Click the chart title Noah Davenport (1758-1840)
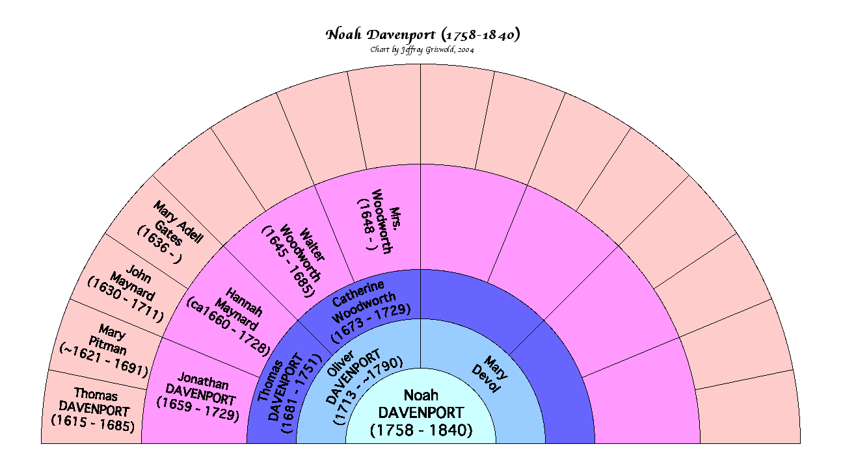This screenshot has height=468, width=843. tap(422, 34)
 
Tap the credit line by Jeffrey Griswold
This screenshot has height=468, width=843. tap(422, 50)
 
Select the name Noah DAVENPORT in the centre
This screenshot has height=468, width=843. tap(421, 404)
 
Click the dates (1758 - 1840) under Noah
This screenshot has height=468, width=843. tap(421, 430)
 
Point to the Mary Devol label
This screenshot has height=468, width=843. tap(490, 374)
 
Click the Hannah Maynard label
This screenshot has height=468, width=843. tap(237, 312)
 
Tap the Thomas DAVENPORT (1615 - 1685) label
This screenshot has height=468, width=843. tap(95, 410)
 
